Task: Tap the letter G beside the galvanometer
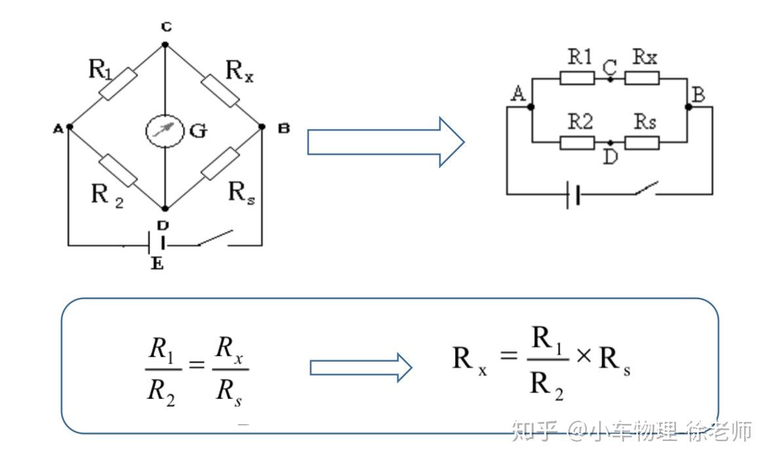click(x=198, y=131)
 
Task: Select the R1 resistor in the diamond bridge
click(x=117, y=84)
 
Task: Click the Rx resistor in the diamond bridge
click(x=220, y=91)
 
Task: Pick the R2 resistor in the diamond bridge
click(x=118, y=170)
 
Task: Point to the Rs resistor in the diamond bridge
click(x=220, y=163)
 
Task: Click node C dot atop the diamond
click(x=165, y=45)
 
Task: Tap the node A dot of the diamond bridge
click(x=69, y=127)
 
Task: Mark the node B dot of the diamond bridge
click(x=262, y=127)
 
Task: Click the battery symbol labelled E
click(x=156, y=245)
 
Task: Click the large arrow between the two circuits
click(x=386, y=142)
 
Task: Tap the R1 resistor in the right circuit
click(x=577, y=78)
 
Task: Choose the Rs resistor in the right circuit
click(x=642, y=143)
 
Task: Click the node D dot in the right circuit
click(x=610, y=142)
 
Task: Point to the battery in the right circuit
click(x=573, y=194)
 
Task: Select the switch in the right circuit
click(x=646, y=188)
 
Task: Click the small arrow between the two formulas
click(x=361, y=367)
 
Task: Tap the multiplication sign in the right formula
click(x=583, y=356)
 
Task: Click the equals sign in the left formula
click(x=197, y=365)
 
